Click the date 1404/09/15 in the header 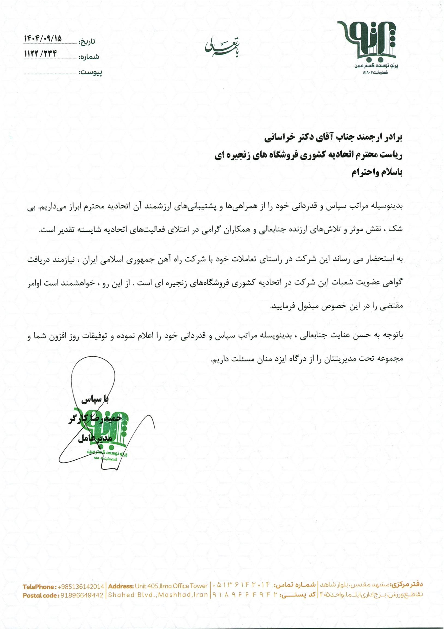(43, 39)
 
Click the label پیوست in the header (90, 73)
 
